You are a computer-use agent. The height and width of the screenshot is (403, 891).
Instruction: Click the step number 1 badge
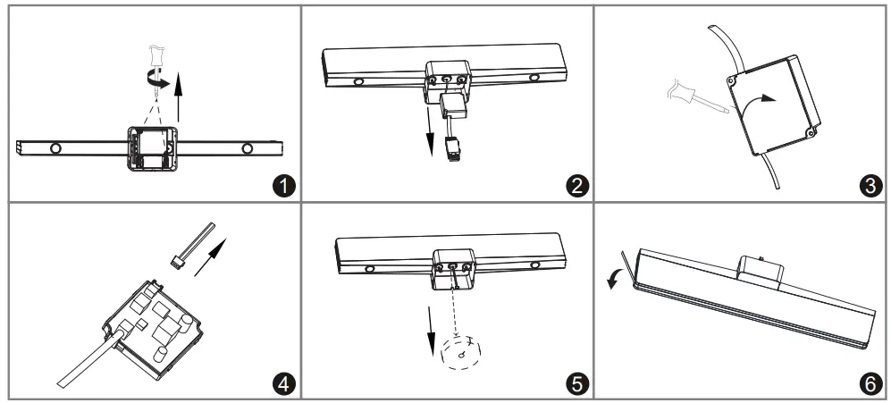(283, 186)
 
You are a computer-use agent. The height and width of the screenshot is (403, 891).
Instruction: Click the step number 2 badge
(577, 186)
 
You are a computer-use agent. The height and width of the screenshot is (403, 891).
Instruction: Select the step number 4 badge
(283, 383)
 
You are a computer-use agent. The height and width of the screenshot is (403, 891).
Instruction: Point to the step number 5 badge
(577, 383)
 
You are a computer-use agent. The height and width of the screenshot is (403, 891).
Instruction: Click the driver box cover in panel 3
(774, 101)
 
